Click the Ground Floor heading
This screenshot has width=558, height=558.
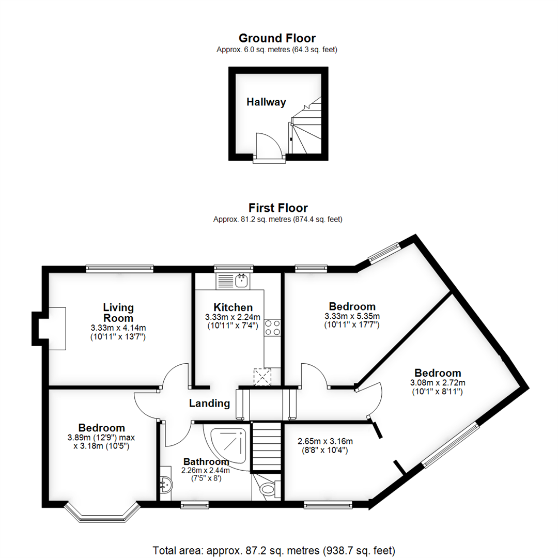(x=277, y=38)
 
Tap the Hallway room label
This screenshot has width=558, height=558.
(x=266, y=102)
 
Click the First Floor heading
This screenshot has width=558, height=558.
(x=278, y=208)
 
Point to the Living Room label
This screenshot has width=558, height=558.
(x=118, y=313)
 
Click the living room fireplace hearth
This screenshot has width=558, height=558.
(x=57, y=329)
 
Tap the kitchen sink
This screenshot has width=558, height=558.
(x=241, y=281)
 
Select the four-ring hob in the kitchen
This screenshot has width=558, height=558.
(x=272, y=328)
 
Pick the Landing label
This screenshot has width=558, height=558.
(x=209, y=404)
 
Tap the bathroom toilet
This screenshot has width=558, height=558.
(x=268, y=488)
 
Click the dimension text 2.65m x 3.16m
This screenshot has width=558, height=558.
(x=325, y=441)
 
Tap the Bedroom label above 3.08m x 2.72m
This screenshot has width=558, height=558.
(x=438, y=373)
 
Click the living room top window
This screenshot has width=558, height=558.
(x=119, y=268)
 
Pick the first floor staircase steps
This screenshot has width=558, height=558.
(x=267, y=447)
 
